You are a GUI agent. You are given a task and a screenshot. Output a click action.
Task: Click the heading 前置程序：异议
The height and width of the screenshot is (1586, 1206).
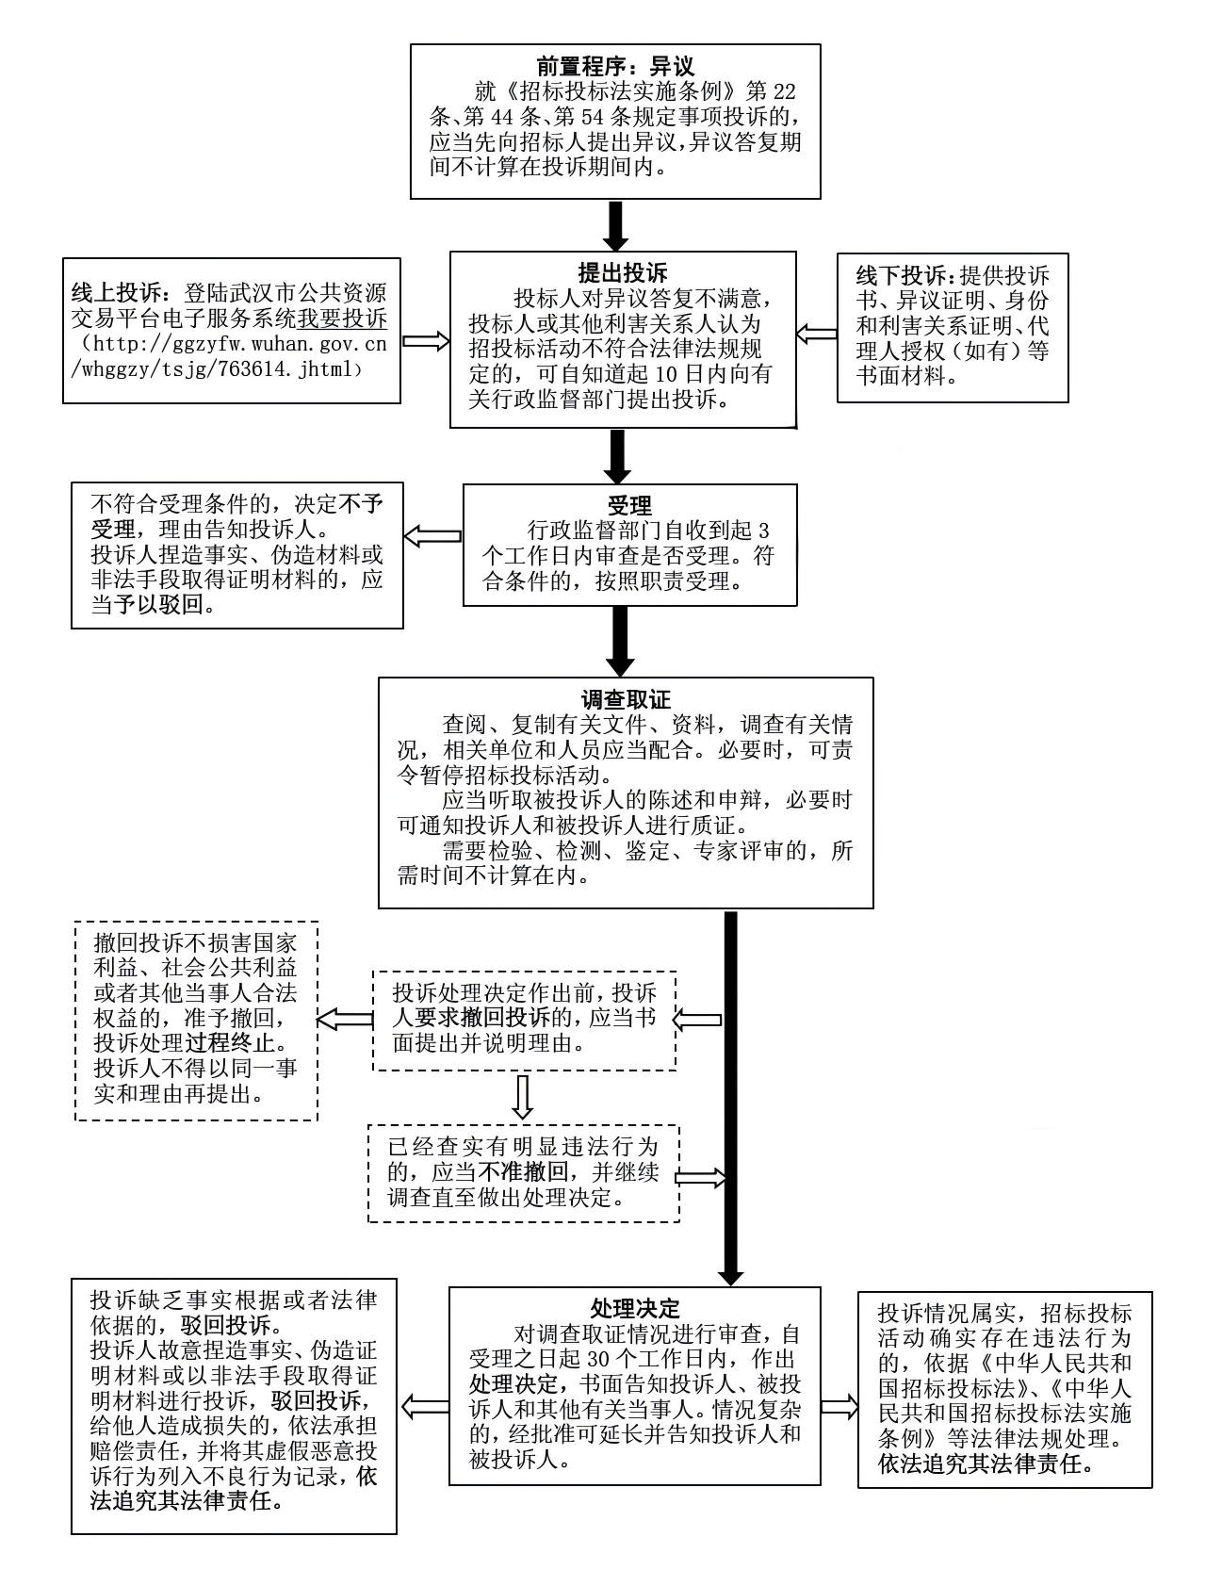[x=614, y=67]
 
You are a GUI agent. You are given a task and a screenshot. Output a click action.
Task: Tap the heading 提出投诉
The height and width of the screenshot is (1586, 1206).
[x=623, y=273]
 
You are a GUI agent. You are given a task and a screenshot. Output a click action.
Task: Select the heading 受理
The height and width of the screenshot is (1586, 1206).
[x=629, y=506]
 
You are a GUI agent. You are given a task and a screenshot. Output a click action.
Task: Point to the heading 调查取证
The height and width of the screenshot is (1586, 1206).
[x=626, y=699]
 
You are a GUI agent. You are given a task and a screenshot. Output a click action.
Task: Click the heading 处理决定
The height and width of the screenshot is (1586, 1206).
[x=634, y=1309]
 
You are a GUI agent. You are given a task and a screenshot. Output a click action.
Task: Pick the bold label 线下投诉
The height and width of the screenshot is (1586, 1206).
[x=902, y=276]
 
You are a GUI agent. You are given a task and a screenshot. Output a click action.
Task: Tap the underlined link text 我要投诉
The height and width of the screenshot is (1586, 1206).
[x=343, y=318]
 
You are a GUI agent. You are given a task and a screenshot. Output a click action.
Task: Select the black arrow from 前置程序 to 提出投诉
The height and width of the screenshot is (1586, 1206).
[x=615, y=225]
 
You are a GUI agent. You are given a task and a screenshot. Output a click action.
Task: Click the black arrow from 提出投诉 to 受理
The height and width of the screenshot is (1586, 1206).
[x=617, y=457]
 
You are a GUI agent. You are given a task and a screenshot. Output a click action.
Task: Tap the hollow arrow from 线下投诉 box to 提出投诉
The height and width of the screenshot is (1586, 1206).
[x=816, y=334]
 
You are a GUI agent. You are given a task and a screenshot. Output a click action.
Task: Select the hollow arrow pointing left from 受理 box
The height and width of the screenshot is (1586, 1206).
[x=432, y=536]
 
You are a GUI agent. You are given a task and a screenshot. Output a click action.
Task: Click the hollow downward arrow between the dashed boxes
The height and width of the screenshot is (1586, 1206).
[x=523, y=1096]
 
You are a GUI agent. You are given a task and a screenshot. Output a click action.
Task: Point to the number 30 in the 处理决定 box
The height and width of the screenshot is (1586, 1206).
[x=598, y=1360]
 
